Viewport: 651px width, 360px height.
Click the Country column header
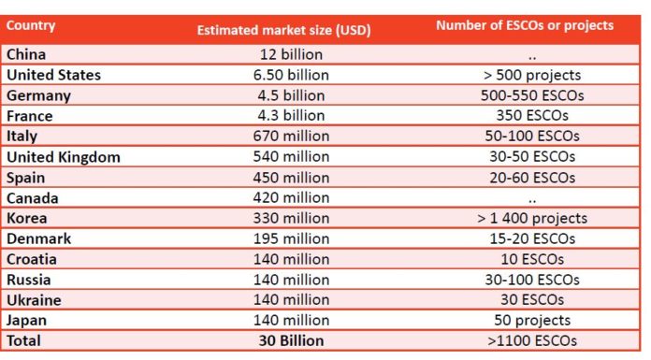pos(31,25)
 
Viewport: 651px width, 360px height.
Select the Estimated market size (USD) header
pos(284,30)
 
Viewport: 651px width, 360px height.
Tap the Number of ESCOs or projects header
pos(525,25)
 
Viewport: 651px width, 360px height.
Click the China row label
pos(26,54)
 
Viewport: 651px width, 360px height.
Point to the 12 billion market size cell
pos(291,54)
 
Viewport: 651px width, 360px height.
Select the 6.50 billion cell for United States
pos(291,75)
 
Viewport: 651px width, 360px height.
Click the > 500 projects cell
pos(532,75)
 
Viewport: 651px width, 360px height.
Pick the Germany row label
pos(38,96)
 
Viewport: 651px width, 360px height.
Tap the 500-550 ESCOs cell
pos(532,95)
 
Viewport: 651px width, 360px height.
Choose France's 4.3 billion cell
pos(291,115)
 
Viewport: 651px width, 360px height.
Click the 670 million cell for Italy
pos(291,136)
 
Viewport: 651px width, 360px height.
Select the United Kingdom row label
pos(64,157)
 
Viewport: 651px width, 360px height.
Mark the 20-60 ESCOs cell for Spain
pos(532,178)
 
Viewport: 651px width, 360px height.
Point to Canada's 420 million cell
pos(291,197)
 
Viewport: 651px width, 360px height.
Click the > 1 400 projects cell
pos(532,219)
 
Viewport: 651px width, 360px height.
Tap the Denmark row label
pos(38,238)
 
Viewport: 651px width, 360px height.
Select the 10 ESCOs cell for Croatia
pos(532,259)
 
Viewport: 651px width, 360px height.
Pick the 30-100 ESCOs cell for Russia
pos(532,280)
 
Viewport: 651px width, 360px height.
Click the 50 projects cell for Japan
pos(532,321)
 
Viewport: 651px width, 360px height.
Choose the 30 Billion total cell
pos(291,340)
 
